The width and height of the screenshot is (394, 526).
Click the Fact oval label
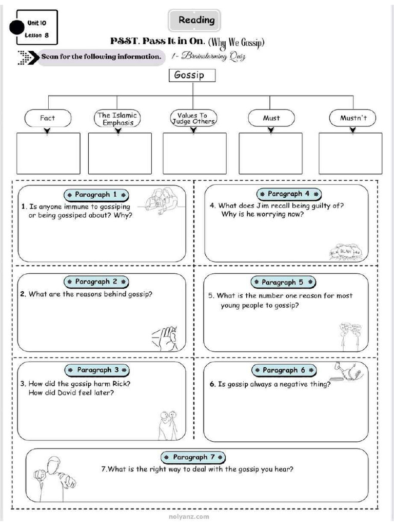[47, 118]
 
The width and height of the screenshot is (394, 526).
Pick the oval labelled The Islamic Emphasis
[117, 119]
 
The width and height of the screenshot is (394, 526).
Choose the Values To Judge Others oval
[193, 119]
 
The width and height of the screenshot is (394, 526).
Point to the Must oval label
[271, 118]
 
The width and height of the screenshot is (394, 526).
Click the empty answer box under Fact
[48, 153]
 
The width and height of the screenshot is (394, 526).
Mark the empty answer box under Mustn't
[350, 153]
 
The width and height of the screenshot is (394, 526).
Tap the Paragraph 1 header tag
[96, 195]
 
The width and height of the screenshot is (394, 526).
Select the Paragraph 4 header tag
[289, 194]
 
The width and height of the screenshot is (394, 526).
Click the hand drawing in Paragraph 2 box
[165, 337]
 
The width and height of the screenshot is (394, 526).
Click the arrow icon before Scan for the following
[28, 57]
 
